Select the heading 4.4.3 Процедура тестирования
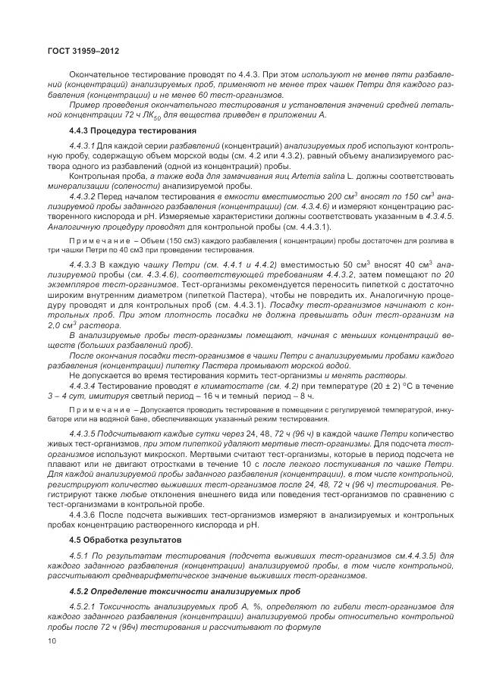(x=121, y=131)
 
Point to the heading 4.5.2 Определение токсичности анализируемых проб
(x=159, y=590)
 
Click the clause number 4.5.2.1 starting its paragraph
(x=83, y=606)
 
